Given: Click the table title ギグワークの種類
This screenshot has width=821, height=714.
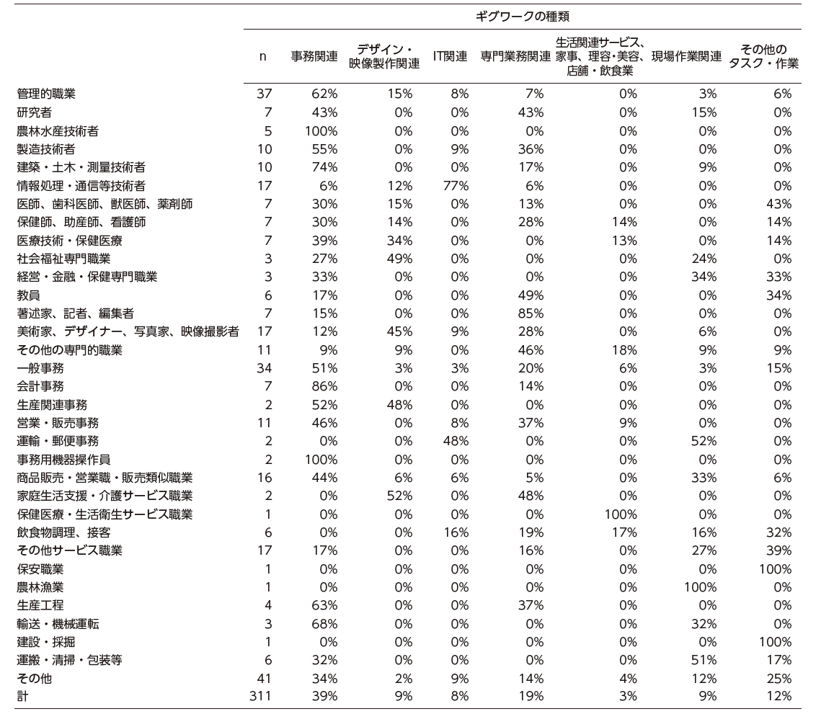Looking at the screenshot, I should click(523, 16).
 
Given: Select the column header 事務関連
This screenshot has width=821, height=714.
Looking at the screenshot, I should click(314, 56).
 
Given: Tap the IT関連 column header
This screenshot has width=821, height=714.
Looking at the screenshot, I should click(451, 56).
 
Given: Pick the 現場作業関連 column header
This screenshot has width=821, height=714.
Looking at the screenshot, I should click(686, 56).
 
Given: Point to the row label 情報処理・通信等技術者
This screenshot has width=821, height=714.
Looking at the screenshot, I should click(81, 185).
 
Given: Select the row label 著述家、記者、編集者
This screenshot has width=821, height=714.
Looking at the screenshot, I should click(75, 313).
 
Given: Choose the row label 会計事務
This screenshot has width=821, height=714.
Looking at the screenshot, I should click(40, 386).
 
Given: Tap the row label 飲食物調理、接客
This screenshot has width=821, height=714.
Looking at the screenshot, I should click(63, 532).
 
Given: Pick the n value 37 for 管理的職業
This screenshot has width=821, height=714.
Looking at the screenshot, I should click(264, 94).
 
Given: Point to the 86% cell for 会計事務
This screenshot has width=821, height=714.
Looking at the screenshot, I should click(325, 386).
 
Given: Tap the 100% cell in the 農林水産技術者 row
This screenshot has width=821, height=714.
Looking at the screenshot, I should click(322, 130).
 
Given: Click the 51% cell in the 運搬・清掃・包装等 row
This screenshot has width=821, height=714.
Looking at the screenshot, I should click(704, 660).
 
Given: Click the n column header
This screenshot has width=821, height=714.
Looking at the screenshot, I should click(262, 56).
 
